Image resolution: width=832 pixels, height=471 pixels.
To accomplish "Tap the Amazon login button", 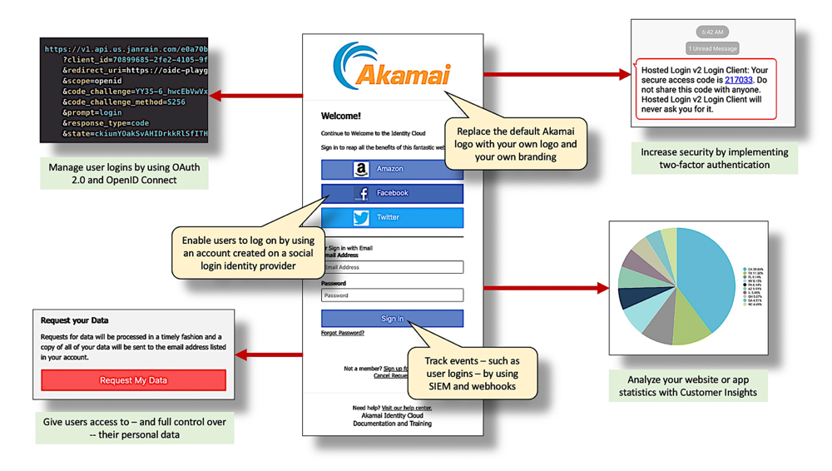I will pyautogui.click(x=391, y=169).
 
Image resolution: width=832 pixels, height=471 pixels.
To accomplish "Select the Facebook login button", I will pyautogui.click(x=391, y=193).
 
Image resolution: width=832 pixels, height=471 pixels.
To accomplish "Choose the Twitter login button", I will pyautogui.click(x=391, y=217).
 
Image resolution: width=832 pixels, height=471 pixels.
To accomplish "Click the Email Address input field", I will pyautogui.click(x=393, y=267).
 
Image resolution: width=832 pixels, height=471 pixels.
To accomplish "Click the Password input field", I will pyautogui.click(x=393, y=295).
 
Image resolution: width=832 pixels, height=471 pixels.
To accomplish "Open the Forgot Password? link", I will pyautogui.click(x=343, y=333).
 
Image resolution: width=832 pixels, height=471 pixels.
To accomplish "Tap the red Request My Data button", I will pyautogui.click(x=133, y=380).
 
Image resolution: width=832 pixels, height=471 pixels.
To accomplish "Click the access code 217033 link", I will pyautogui.click(x=738, y=81).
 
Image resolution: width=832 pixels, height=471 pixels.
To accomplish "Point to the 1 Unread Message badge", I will pyautogui.click(x=712, y=48).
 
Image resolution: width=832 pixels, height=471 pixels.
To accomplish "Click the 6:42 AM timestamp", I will pyautogui.click(x=712, y=32).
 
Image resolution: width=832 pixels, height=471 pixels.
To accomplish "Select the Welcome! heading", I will pyautogui.click(x=341, y=117).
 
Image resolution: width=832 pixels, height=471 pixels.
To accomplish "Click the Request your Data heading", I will pyautogui.click(x=75, y=320).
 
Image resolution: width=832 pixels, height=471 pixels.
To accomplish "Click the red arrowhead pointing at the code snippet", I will pyautogui.click(x=215, y=96).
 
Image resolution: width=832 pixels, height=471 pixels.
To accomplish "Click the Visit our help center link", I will pyautogui.click(x=407, y=408).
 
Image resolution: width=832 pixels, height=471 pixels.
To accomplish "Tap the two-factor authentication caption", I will pyautogui.click(x=714, y=158).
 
